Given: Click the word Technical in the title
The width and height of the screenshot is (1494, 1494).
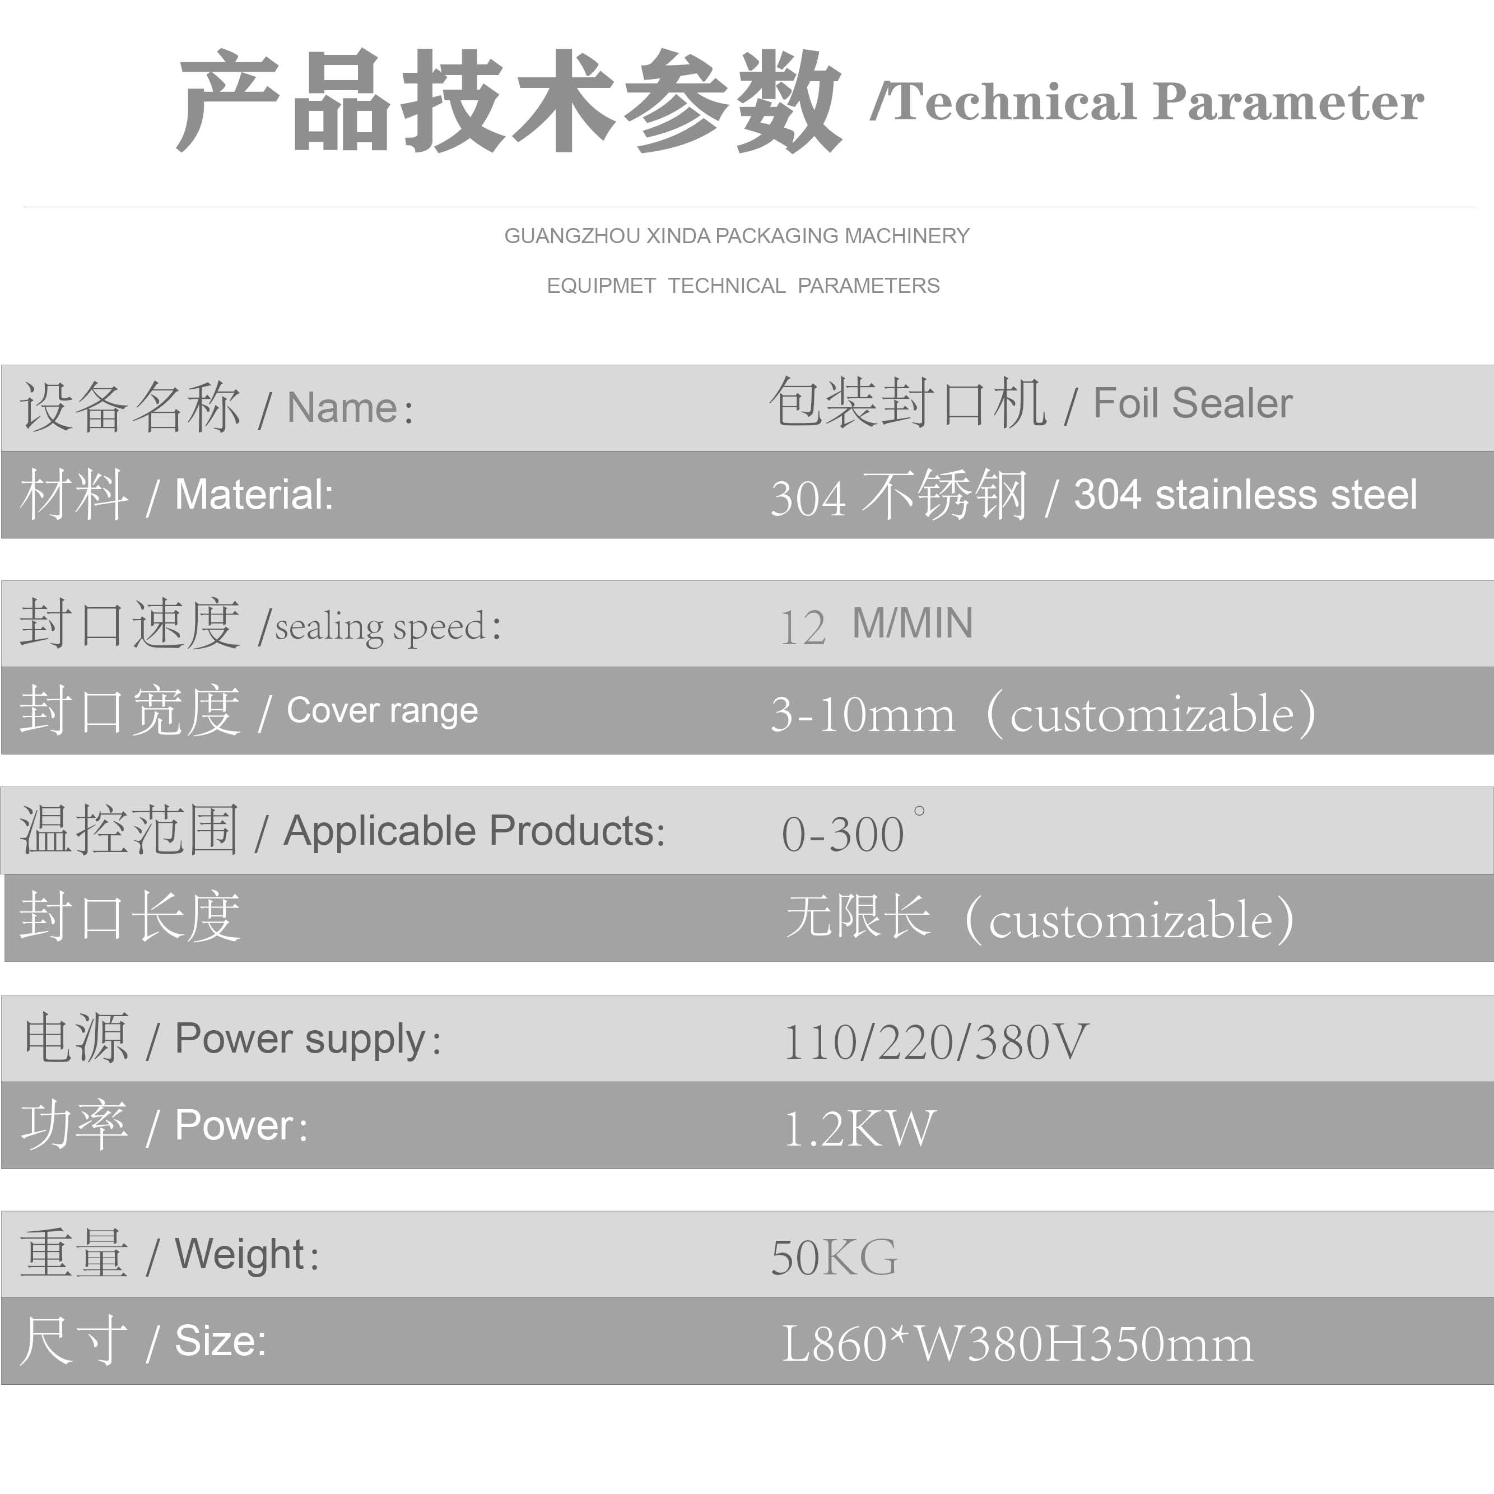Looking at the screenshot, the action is click(1013, 102).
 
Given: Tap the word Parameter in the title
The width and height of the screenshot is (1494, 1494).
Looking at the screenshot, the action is click(1288, 102).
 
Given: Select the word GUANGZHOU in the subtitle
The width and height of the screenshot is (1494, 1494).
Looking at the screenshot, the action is click(573, 236).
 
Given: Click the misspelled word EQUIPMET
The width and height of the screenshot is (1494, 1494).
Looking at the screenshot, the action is click(602, 286).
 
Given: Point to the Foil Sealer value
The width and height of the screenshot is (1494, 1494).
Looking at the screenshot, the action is click(1193, 403).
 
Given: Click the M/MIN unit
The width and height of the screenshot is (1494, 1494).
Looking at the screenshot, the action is click(913, 623).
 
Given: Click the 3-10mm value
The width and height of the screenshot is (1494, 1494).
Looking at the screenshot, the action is click(863, 714).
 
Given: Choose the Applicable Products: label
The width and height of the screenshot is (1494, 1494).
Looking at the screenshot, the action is click(474, 831).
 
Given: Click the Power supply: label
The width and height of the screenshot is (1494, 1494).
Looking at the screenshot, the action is click(308, 1039).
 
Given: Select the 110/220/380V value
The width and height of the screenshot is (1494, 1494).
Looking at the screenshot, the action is click(936, 1042).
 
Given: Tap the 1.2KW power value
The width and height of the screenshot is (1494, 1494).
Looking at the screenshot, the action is click(860, 1129).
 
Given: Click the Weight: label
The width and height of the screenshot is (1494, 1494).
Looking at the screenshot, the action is click(246, 1254).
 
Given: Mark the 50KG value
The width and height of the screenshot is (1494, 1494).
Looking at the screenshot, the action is click(834, 1258).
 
